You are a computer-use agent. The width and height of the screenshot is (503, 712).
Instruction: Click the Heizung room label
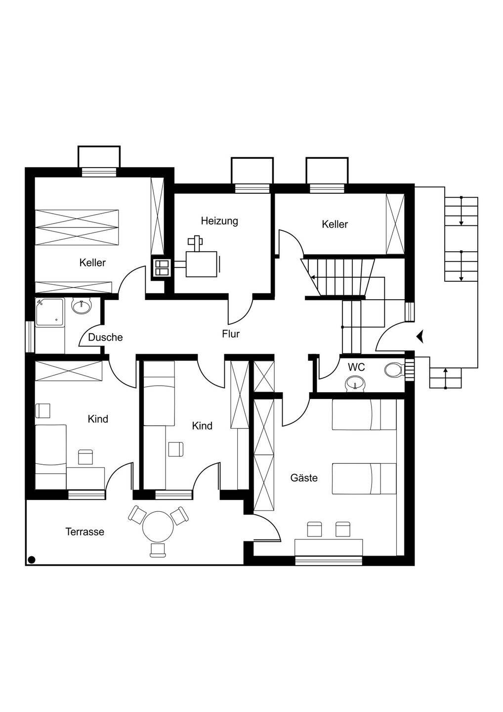219,221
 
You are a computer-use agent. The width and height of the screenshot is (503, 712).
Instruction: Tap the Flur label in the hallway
231,334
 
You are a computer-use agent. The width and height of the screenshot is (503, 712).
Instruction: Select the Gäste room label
304,478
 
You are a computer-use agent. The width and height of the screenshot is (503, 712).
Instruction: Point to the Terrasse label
85,532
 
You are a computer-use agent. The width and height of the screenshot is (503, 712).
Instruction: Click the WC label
356,367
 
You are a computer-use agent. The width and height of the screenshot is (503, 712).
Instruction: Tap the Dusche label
105,338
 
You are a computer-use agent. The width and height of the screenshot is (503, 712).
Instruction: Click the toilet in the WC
394,370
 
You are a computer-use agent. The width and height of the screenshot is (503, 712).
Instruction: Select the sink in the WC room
356,383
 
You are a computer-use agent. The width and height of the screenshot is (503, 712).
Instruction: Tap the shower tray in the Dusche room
49,311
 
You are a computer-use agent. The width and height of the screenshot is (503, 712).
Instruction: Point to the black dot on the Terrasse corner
31,560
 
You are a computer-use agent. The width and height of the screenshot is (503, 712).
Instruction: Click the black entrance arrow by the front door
420,336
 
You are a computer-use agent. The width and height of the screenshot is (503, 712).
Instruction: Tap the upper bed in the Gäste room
364,415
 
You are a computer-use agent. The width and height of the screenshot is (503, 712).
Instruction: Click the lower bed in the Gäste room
364,479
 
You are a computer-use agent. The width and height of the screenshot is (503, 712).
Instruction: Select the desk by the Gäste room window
329,547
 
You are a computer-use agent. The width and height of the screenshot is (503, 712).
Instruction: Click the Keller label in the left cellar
92,263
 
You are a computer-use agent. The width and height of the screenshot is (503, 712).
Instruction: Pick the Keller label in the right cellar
335,224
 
